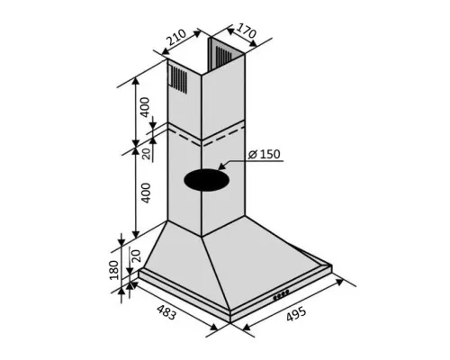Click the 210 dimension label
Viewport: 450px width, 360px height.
176,37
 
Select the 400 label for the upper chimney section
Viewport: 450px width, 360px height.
145,107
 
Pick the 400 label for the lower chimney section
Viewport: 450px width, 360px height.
146,193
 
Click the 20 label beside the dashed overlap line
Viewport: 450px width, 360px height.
146,154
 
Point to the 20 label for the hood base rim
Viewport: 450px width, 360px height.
136,256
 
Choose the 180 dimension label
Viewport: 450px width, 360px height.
114,270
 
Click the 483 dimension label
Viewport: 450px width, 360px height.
166,312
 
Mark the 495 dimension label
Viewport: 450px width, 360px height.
296,314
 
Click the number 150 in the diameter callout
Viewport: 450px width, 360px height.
270,154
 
